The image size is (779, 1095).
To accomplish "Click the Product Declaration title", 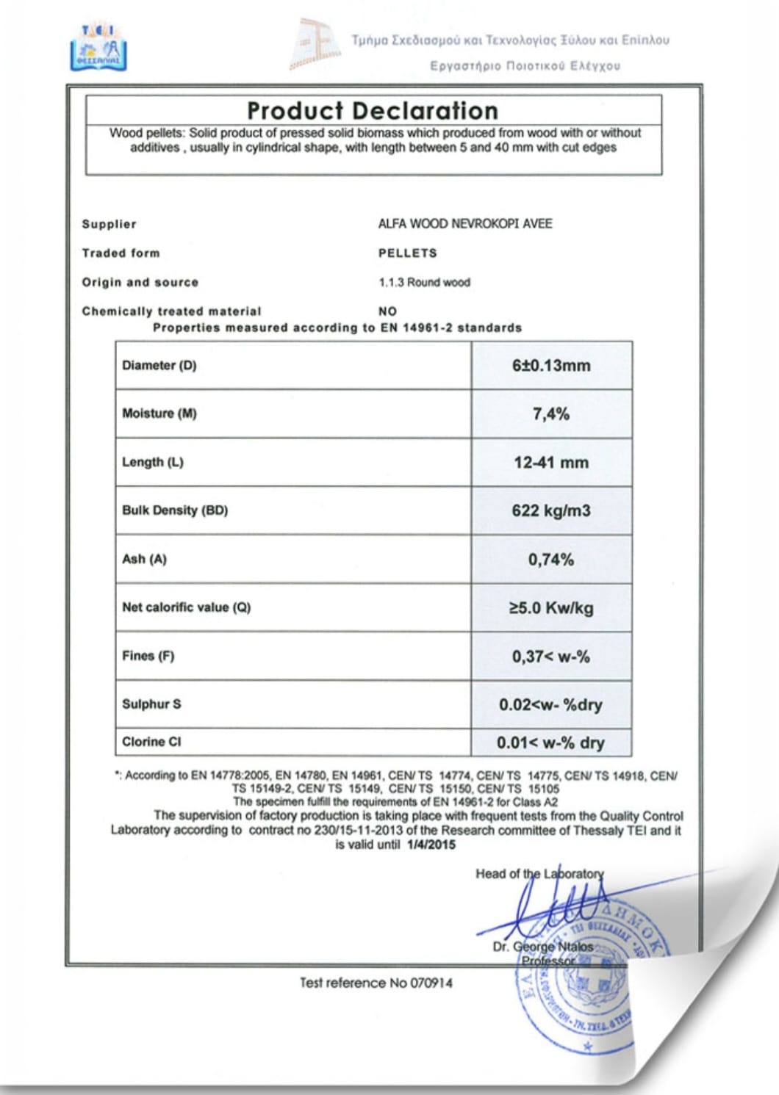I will [x=373, y=111].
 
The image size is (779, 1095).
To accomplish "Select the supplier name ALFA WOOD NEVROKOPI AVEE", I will [x=464, y=223].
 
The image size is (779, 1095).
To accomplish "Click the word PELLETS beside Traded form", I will [x=407, y=253].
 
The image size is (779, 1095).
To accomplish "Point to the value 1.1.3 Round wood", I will [x=424, y=282].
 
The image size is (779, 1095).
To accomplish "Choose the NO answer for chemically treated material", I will [x=387, y=311].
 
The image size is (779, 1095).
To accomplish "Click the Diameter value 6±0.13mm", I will [x=551, y=366].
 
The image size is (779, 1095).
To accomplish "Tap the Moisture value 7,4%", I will [x=551, y=414].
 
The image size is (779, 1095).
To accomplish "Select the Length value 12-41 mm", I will [x=551, y=463].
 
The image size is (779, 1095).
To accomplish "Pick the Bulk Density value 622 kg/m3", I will [x=551, y=510].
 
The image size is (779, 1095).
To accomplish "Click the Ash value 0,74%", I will [x=551, y=560].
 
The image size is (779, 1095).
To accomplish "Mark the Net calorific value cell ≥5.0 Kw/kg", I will [x=551, y=608].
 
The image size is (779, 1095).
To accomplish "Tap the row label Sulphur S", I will [x=151, y=704].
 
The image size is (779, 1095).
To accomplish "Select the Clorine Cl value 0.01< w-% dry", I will [x=550, y=742].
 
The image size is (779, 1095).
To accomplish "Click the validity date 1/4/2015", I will [x=431, y=845].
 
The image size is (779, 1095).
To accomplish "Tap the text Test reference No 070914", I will [x=376, y=983].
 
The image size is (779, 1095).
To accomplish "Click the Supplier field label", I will [x=109, y=224].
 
